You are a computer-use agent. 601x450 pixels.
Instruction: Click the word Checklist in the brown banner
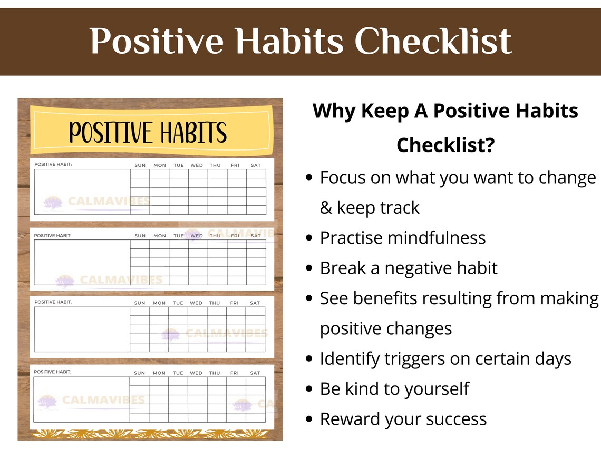433,41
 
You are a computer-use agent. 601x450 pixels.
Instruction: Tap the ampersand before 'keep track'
326,208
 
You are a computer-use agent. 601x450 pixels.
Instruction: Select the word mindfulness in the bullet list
436,238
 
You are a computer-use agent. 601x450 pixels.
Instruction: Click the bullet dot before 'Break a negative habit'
309,268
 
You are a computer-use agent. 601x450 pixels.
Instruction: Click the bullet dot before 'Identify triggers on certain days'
309,359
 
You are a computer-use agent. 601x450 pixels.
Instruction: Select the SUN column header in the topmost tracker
140,165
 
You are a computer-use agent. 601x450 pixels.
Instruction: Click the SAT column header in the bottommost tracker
255,373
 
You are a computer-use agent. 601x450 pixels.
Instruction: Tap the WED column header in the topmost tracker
197,165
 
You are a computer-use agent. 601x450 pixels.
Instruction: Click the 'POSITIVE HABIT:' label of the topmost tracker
53,164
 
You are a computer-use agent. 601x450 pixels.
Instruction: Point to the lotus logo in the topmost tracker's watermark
53,202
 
